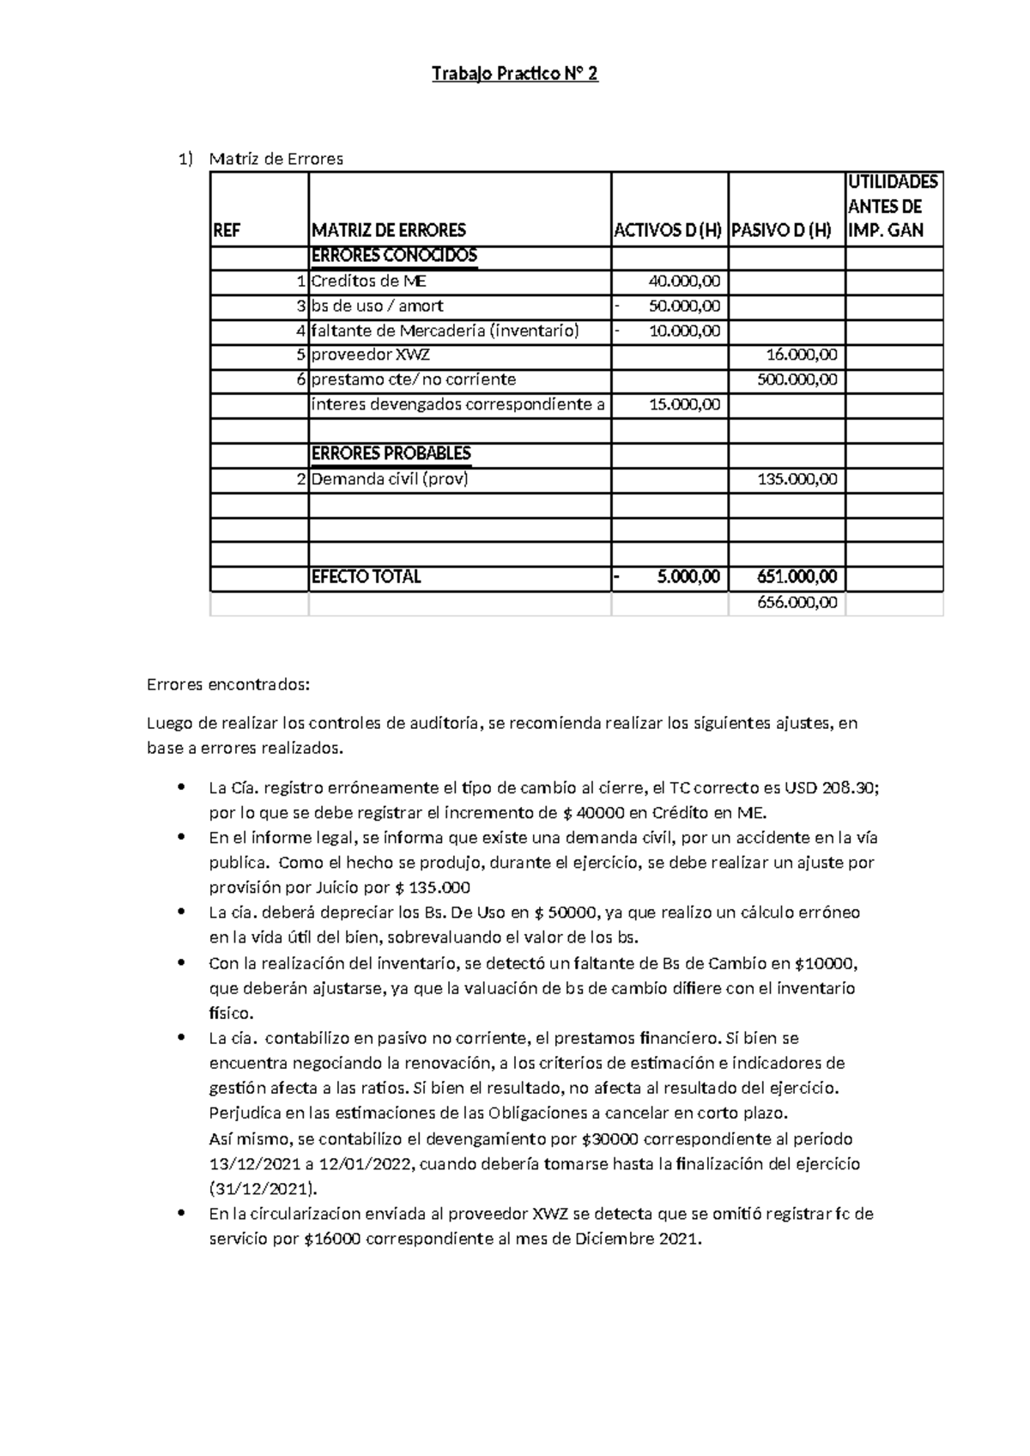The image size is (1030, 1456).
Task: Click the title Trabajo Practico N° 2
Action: [514, 75]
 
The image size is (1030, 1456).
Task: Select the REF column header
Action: [227, 230]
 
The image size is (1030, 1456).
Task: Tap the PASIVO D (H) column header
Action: [781, 230]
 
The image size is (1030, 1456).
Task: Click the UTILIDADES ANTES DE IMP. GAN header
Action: [893, 206]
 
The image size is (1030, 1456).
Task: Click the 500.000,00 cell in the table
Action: [797, 379]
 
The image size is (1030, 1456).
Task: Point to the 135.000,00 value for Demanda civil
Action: [797, 479]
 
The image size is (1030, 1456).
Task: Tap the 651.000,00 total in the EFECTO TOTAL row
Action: [797, 577]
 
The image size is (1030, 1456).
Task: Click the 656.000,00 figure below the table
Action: [797, 603]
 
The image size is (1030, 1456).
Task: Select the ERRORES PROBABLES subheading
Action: [391, 453]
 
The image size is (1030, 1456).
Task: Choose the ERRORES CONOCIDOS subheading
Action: [393, 256]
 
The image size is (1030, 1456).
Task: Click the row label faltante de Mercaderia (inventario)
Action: [445, 331]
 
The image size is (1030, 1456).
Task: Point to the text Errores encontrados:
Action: [227, 685]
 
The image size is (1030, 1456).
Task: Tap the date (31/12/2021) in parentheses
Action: [263, 1189]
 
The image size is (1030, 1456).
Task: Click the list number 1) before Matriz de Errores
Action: [185, 159]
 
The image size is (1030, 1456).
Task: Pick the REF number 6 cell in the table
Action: [300, 379]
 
